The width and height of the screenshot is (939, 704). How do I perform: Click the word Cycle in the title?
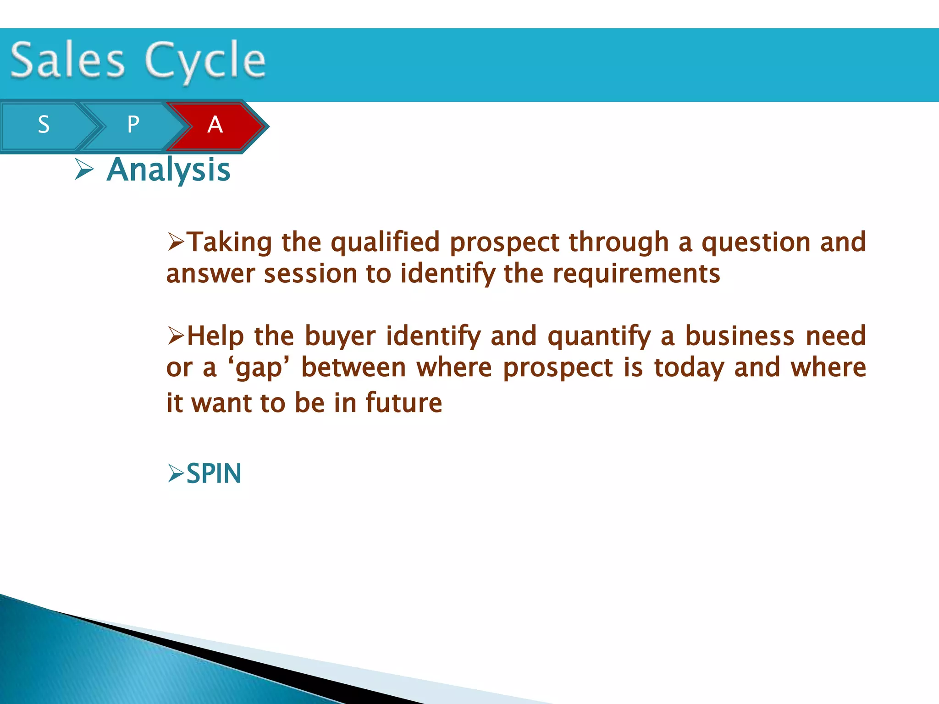205,60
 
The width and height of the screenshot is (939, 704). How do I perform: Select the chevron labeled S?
44,125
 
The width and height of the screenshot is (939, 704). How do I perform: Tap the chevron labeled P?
133,125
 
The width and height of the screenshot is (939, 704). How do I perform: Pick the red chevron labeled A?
215,125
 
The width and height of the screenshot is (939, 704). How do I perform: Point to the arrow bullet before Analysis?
84,170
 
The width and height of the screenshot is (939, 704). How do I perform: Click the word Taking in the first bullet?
230,242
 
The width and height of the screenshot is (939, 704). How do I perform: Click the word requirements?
636,274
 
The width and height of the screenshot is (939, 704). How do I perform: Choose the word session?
310,274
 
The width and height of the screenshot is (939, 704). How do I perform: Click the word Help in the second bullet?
215,336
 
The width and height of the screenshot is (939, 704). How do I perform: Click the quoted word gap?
259,368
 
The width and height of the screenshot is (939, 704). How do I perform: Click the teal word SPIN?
214,474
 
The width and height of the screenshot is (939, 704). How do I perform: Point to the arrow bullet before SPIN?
176,473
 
